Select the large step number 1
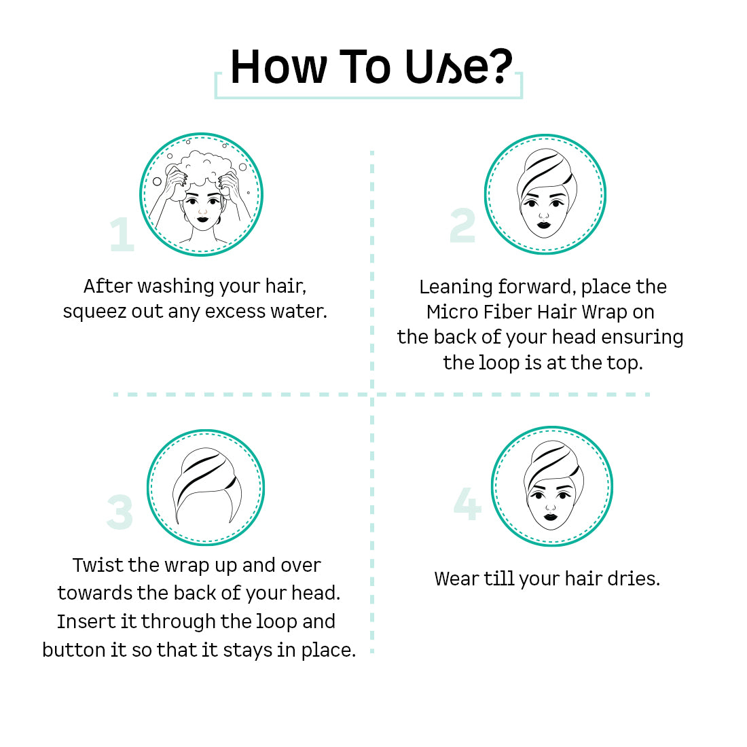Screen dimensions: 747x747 click(x=122, y=234)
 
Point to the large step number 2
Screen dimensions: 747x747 click(x=462, y=225)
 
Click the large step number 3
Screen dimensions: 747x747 click(x=120, y=512)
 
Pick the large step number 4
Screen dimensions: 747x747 click(x=467, y=504)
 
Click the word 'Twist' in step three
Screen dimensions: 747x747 click(x=98, y=566)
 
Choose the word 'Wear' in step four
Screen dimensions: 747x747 click(x=456, y=579)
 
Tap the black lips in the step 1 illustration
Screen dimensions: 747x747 click(x=202, y=219)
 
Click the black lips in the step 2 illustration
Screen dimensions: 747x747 click(x=543, y=224)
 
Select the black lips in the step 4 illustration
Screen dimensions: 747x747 click(x=550, y=517)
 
